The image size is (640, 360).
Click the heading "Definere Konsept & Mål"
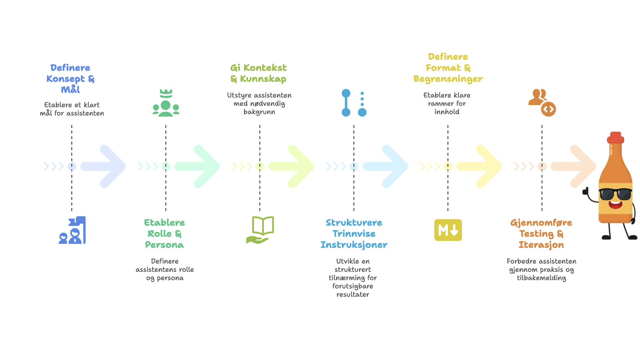tap(70, 79)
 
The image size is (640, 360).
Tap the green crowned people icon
tap(166, 103)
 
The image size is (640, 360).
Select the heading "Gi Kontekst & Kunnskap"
tap(259, 73)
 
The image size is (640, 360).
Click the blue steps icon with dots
tap(354, 103)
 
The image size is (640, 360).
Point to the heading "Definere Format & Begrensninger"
tap(448, 68)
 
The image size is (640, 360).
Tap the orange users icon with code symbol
tap(542, 103)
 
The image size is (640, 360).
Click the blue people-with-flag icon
tap(72, 230)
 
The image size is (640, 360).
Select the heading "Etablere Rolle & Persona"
tap(164, 234)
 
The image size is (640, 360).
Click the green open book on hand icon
tap(260, 230)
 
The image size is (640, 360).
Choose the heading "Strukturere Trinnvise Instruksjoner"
tap(354, 234)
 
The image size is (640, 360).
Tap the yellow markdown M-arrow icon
tap(448, 230)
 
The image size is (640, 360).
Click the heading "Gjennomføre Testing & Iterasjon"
tap(541, 234)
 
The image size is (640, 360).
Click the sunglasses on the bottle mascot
tap(615, 194)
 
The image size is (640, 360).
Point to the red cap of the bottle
tap(616, 137)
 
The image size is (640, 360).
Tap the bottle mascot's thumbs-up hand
tap(586, 192)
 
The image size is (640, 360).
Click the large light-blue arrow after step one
tap(103, 166)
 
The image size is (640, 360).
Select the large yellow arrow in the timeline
tap(479, 166)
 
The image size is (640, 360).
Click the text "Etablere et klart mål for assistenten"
tap(72, 109)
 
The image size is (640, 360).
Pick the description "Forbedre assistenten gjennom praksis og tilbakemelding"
tap(541, 269)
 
